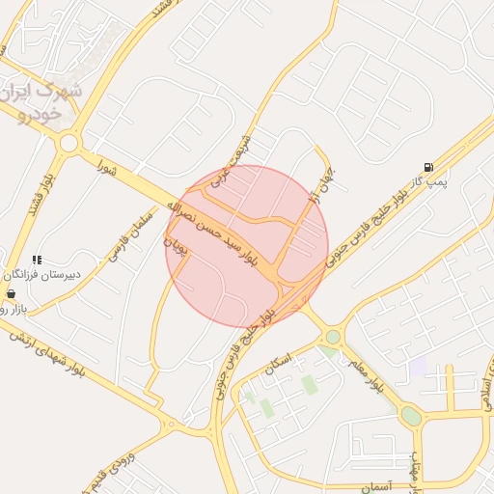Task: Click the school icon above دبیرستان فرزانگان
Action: (37, 260)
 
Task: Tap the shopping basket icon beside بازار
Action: (11, 293)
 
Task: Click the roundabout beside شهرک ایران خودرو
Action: (68, 144)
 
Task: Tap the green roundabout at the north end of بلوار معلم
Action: (333, 337)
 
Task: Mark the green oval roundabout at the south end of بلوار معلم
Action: (411, 416)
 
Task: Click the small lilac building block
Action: (418, 367)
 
